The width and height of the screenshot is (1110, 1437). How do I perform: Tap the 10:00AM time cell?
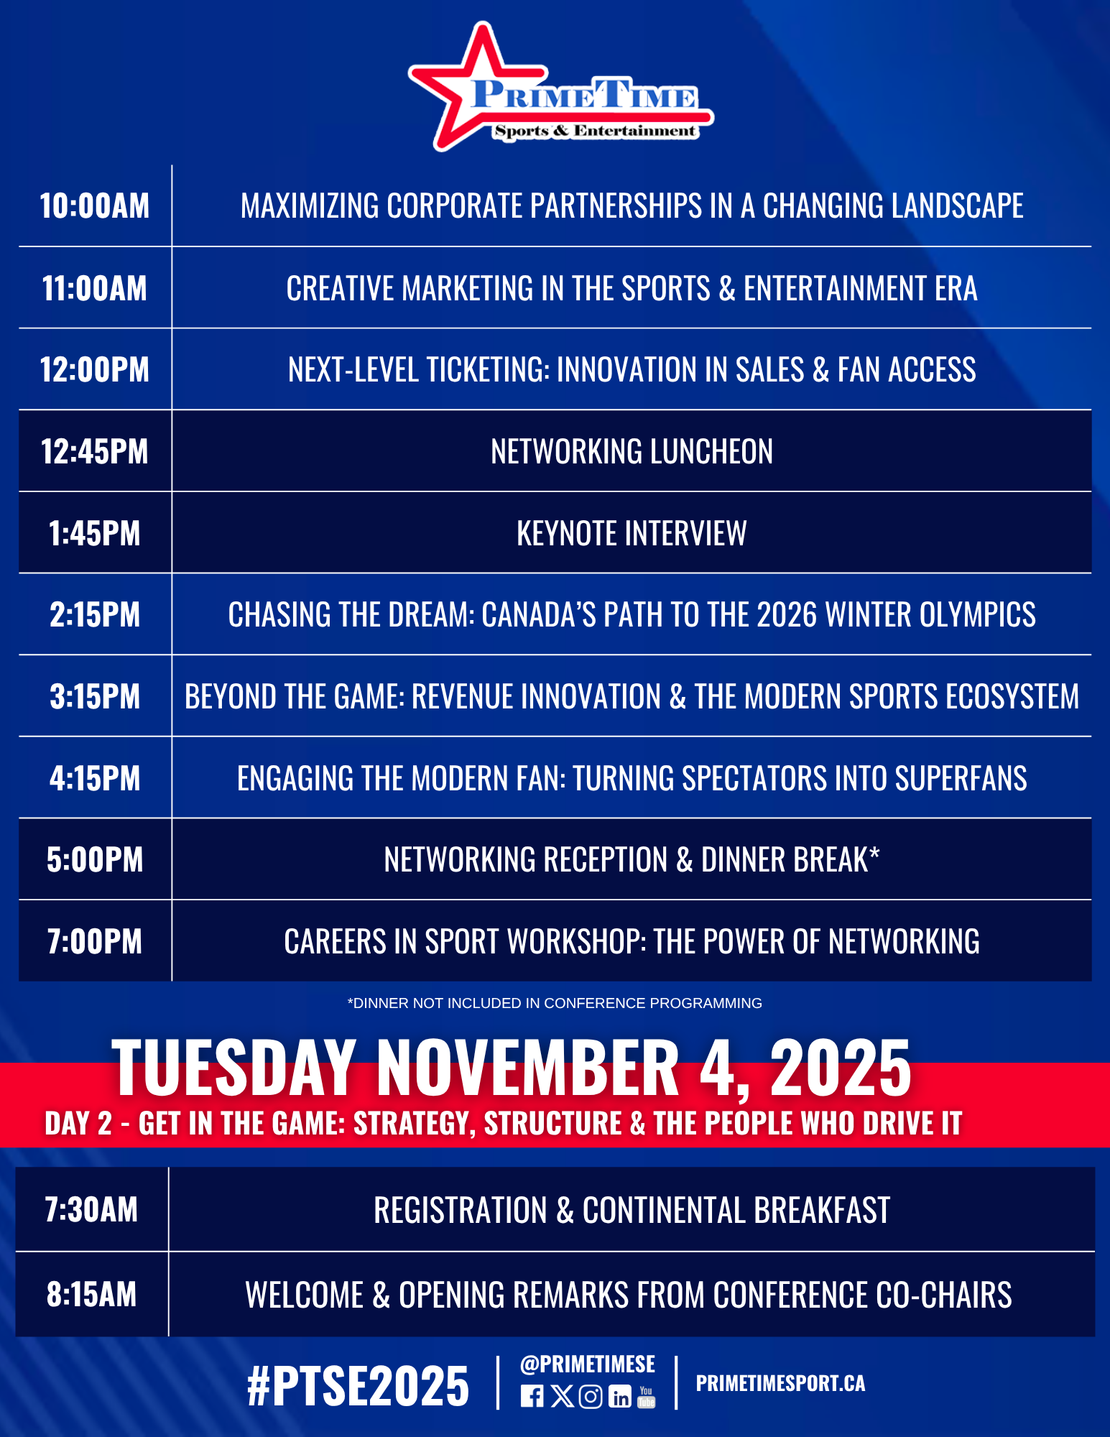(x=95, y=206)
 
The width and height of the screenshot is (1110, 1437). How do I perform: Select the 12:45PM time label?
(x=95, y=452)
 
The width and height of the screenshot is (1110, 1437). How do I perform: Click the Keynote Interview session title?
(x=632, y=534)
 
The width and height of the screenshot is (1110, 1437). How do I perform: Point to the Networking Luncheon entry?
(x=632, y=452)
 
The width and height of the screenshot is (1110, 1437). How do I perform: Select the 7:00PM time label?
(x=95, y=942)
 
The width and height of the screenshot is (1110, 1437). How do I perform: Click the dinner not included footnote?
(x=555, y=1003)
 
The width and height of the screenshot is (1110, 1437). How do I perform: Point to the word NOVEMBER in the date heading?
(x=528, y=1068)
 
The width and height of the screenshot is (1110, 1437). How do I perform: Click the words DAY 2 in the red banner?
(x=78, y=1124)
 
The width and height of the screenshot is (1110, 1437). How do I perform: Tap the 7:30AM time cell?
(x=91, y=1210)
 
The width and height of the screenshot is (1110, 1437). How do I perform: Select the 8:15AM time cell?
(x=91, y=1295)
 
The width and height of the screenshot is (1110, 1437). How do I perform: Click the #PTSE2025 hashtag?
(x=358, y=1386)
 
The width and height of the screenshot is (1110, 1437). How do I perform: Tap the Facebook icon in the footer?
(x=532, y=1396)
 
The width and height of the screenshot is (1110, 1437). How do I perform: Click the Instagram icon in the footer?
(x=591, y=1396)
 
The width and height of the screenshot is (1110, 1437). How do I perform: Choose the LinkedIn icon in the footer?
(x=620, y=1396)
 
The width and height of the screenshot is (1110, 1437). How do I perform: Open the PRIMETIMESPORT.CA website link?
(x=780, y=1383)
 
